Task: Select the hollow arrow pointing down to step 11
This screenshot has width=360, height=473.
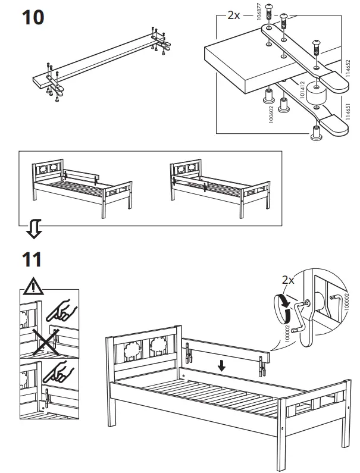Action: [x=35, y=228]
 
